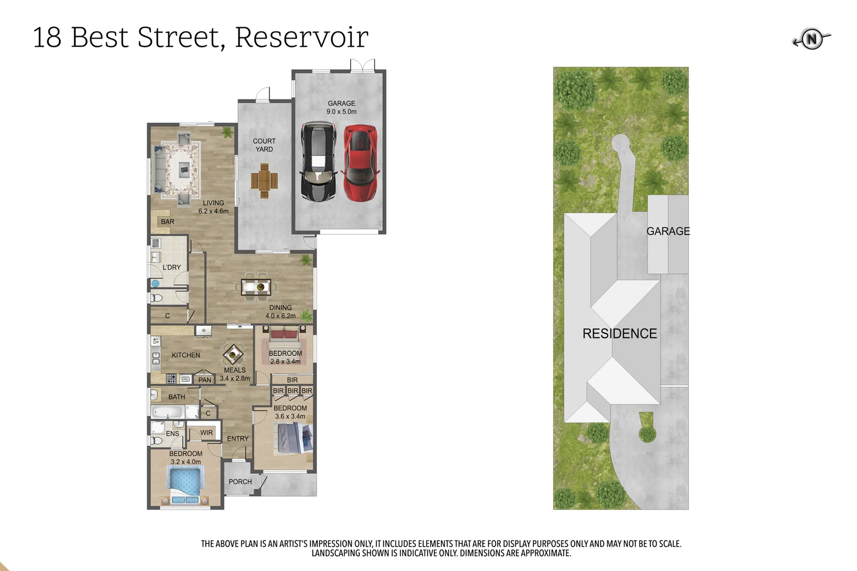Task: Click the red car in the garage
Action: pyautogui.click(x=360, y=163)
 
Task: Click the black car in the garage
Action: pyautogui.click(x=318, y=162)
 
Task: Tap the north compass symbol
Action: pyautogui.click(x=812, y=39)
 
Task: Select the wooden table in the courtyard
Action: pyautogui.click(x=264, y=181)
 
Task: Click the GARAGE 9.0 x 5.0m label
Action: pyautogui.click(x=341, y=107)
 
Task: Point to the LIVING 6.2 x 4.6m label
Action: pyautogui.click(x=213, y=207)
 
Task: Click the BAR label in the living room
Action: pyautogui.click(x=167, y=222)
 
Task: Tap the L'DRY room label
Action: pyautogui.click(x=171, y=268)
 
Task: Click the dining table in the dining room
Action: pyautogui.click(x=256, y=287)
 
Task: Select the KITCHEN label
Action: pyautogui.click(x=186, y=355)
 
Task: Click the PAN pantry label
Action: pyautogui.click(x=205, y=380)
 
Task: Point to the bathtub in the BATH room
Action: pyautogui.click(x=168, y=412)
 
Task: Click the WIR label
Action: pyautogui.click(x=206, y=432)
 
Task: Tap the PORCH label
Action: pyautogui.click(x=240, y=482)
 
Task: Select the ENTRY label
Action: pyautogui.click(x=238, y=439)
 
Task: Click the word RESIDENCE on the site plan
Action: pyautogui.click(x=619, y=334)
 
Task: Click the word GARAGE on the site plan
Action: pyautogui.click(x=668, y=231)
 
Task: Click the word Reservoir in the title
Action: pyautogui.click(x=302, y=37)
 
